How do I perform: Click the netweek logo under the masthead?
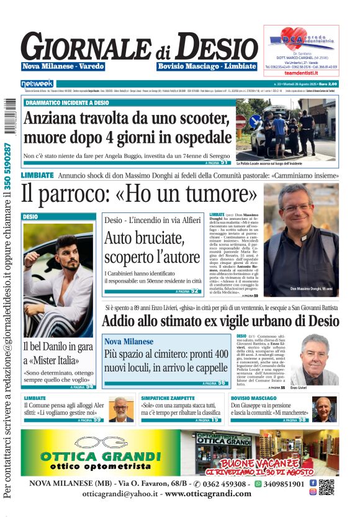38,83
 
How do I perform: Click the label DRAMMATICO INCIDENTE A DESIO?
63,102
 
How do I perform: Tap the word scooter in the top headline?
199,117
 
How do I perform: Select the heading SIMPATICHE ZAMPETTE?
169,398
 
